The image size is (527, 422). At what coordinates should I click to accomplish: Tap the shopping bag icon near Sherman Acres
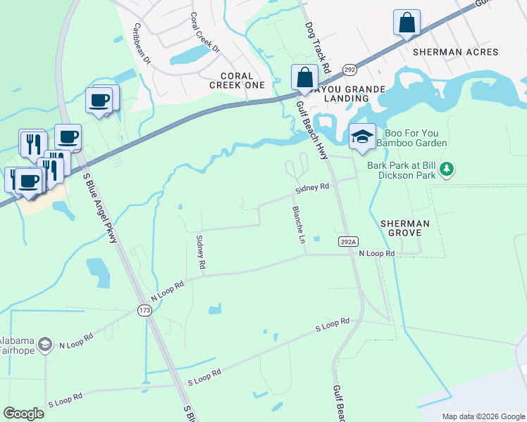tap(407, 23)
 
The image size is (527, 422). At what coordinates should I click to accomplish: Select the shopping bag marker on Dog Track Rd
tap(304, 77)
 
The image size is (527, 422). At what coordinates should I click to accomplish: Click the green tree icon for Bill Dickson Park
tap(447, 169)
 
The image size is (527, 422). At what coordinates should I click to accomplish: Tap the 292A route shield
tap(347, 241)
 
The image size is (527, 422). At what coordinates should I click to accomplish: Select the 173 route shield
tap(145, 310)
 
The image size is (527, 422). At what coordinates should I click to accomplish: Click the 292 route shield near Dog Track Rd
tap(349, 69)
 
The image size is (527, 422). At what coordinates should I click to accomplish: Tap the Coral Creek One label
tap(237, 80)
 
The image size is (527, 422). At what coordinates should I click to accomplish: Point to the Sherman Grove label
tap(404, 227)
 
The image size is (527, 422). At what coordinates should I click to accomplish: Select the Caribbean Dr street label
tap(142, 44)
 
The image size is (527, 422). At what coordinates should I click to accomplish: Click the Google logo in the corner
tap(24, 414)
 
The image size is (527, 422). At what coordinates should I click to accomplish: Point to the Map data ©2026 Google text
tap(483, 416)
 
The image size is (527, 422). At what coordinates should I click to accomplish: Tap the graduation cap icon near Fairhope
tap(45, 343)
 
